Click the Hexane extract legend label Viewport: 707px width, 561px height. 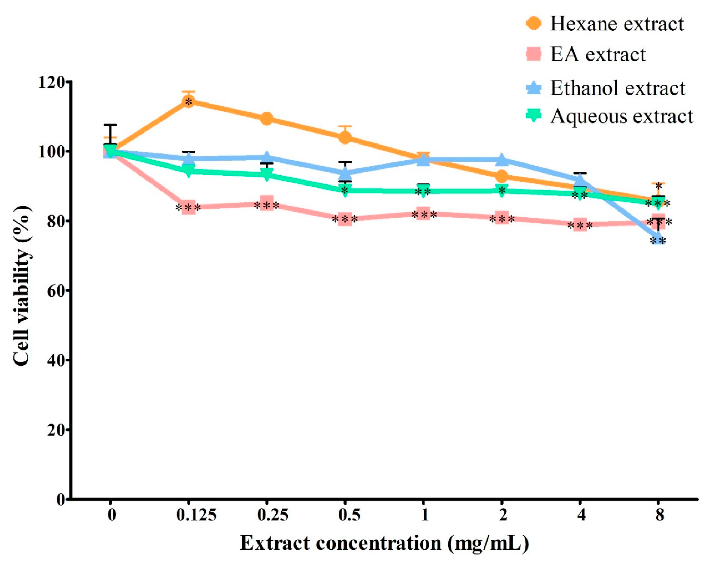coord(617,24)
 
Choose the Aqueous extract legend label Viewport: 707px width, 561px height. coord(622,116)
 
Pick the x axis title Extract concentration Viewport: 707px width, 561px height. coord(384,543)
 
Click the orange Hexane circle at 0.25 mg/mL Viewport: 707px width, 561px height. coord(267,119)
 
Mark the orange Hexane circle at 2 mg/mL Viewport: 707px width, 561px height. coord(502,177)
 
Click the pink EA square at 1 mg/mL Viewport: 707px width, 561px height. coord(423,214)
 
